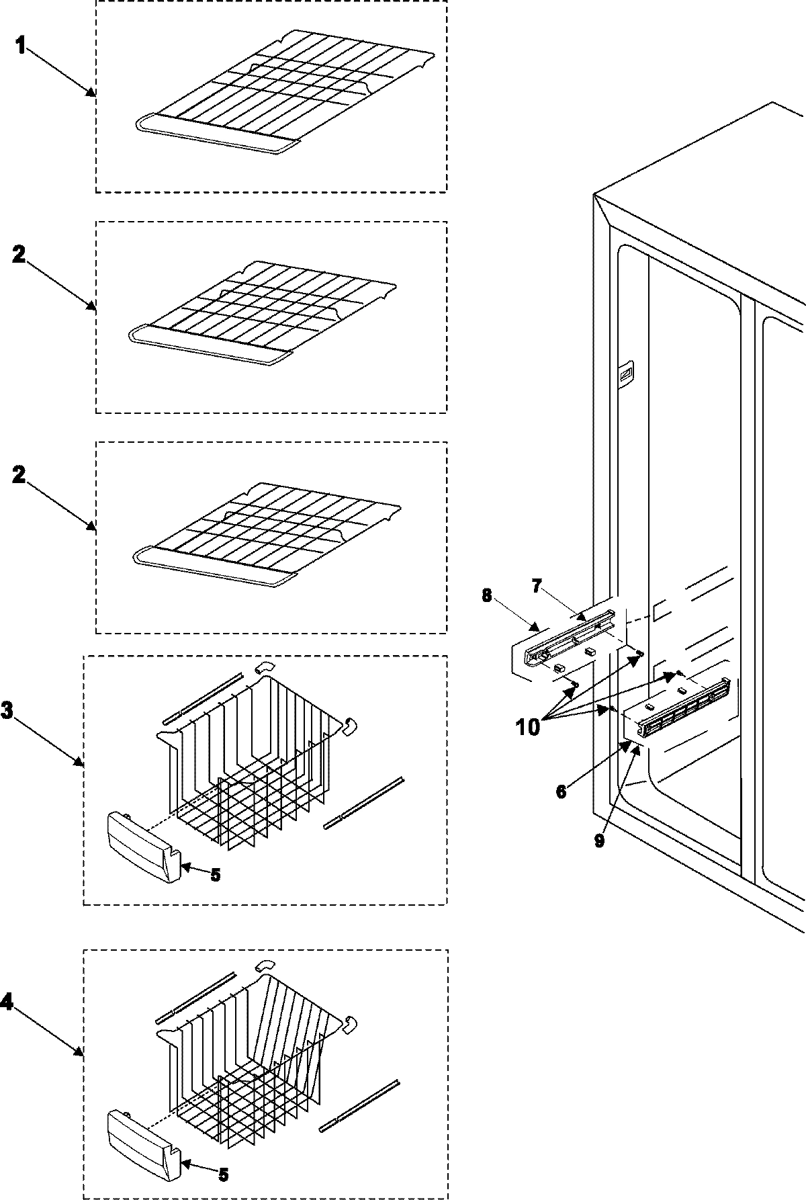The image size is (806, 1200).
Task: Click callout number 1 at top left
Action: click(x=21, y=47)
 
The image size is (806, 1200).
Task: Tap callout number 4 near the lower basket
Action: click(x=7, y=1002)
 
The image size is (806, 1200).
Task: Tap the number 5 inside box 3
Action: click(x=215, y=875)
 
